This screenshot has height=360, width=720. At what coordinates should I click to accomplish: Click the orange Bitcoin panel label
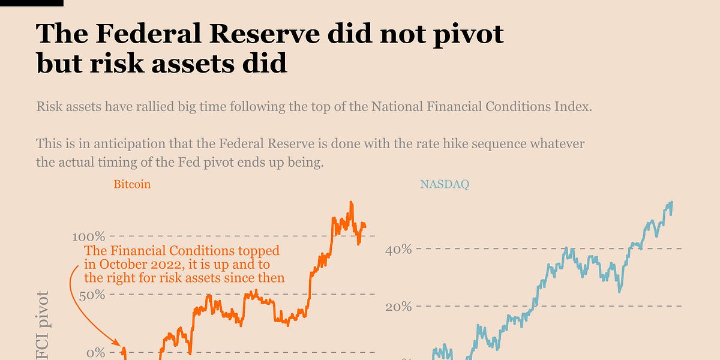(132, 184)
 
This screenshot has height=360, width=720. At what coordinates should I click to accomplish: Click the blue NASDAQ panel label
(444, 184)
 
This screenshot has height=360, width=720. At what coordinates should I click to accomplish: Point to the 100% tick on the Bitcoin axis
(88, 236)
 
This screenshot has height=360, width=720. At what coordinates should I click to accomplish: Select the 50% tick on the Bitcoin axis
(91, 295)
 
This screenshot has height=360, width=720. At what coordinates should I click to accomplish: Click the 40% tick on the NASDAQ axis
(398, 248)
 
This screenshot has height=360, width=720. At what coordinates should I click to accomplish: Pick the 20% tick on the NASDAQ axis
(398, 307)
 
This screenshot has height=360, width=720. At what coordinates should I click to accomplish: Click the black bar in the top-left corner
(31, 3)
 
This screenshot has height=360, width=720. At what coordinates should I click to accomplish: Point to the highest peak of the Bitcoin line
(351, 203)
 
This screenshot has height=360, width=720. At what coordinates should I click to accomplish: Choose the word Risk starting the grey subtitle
(49, 107)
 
